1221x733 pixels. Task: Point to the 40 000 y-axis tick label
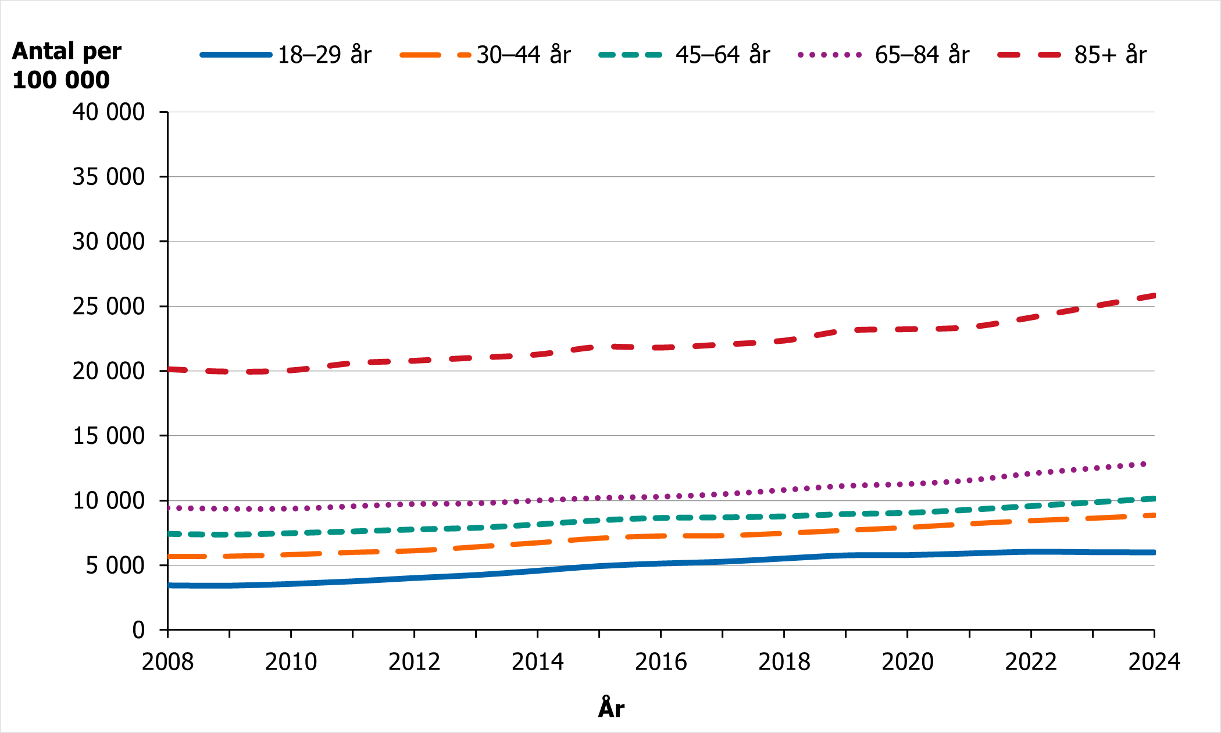click(x=108, y=112)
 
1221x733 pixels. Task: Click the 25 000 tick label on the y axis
click(x=108, y=306)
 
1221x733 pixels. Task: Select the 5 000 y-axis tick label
click(x=115, y=565)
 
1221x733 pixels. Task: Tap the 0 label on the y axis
click(x=138, y=629)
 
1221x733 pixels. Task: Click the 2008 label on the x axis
click(x=167, y=662)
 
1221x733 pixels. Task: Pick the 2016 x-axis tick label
click(x=661, y=662)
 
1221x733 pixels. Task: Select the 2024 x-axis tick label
click(x=1154, y=662)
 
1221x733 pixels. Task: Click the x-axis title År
click(x=611, y=709)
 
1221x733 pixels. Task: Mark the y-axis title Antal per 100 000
click(x=66, y=65)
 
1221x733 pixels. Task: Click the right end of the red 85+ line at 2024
click(x=1154, y=296)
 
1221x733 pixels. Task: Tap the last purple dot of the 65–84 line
click(x=1144, y=464)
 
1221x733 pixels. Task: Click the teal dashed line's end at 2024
click(x=1154, y=499)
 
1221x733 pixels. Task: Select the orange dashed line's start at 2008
click(x=169, y=557)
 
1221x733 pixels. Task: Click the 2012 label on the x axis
click(x=414, y=662)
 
